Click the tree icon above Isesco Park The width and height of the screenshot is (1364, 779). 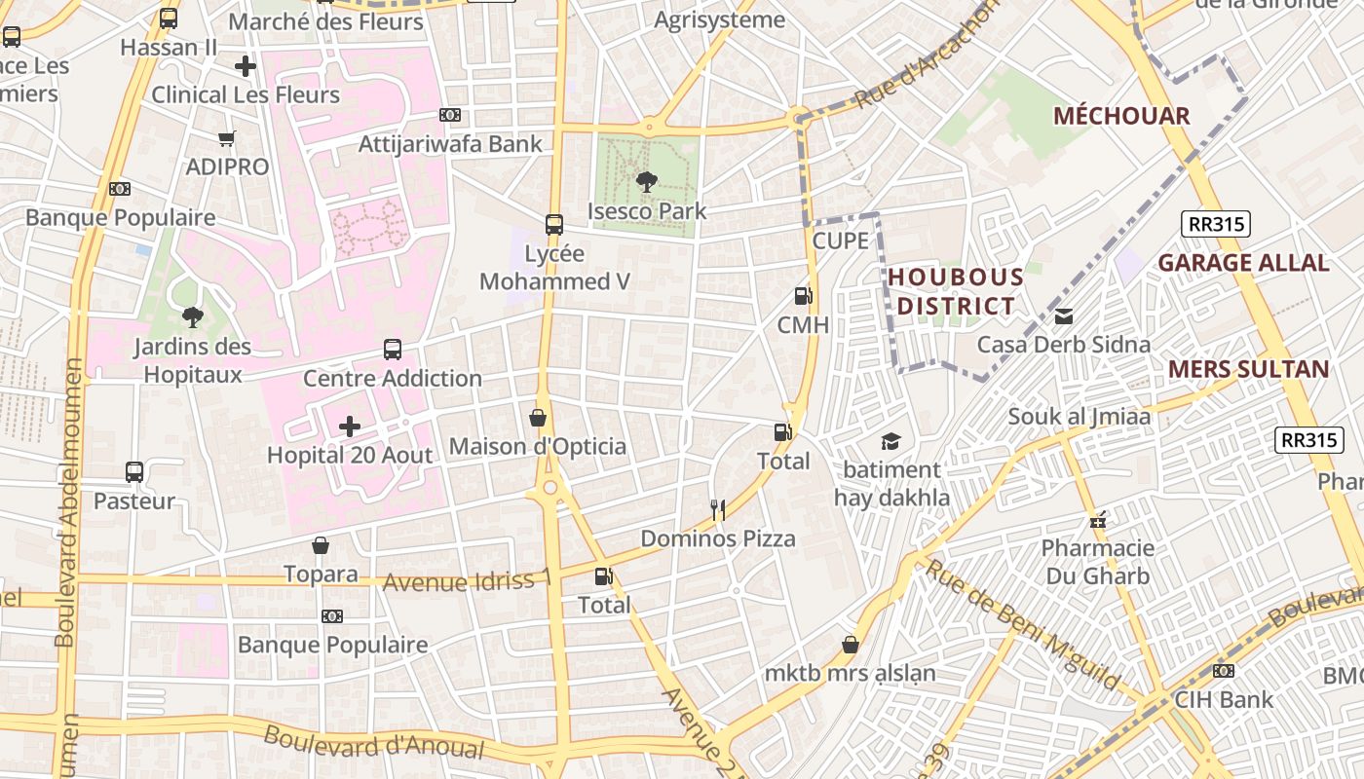(x=645, y=182)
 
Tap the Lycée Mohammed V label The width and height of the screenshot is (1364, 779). (x=554, y=268)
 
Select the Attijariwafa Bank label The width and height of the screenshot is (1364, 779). (x=450, y=144)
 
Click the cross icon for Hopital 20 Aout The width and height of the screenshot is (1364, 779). (x=350, y=427)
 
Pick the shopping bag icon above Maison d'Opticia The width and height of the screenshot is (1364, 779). (x=537, y=418)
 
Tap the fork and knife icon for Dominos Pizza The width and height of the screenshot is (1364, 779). (x=718, y=509)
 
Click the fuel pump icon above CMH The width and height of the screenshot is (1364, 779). (x=803, y=296)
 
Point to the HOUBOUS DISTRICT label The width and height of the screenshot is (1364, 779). (x=955, y=292)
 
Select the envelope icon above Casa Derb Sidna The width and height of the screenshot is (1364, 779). (x=1063, y=316)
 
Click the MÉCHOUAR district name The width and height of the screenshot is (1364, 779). (x=1121, y=116)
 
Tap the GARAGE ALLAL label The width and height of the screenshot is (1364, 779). (x=1242, y=263)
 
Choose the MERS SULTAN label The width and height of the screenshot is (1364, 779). (x=1248, y=369)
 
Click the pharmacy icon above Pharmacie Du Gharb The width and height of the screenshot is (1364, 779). (x=1098, y=520)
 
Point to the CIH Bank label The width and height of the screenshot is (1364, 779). (x=1224, y=699)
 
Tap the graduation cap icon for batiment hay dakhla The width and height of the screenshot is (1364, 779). (x=890, y=442)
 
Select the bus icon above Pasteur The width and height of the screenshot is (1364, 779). (x=134, y=472)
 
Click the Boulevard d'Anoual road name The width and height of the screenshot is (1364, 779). (x=373, y=742)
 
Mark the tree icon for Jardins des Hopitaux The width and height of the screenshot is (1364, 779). (x=192, y=316)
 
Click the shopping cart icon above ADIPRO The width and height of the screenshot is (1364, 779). (x=227, y=138)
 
